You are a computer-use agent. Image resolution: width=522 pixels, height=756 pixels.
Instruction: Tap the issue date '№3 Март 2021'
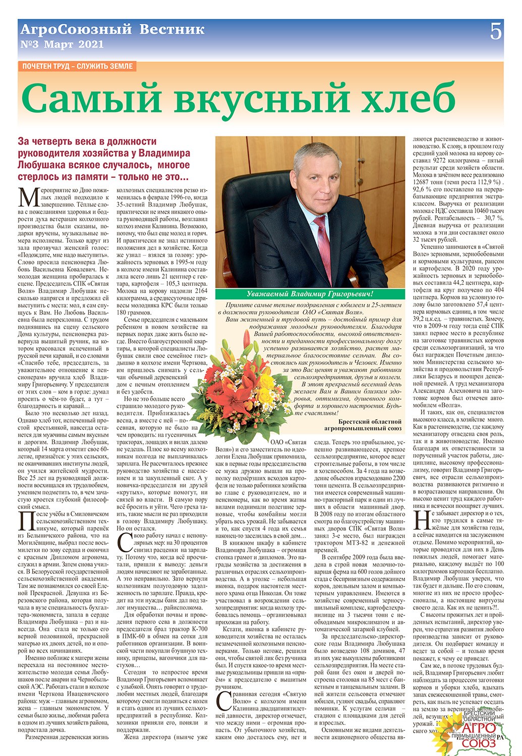tap(62, 44)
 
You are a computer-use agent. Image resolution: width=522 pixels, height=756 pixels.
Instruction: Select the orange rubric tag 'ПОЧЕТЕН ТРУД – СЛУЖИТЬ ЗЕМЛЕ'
tap(77, 66)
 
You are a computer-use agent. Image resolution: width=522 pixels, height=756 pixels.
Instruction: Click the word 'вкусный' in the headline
tap(254, 99)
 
